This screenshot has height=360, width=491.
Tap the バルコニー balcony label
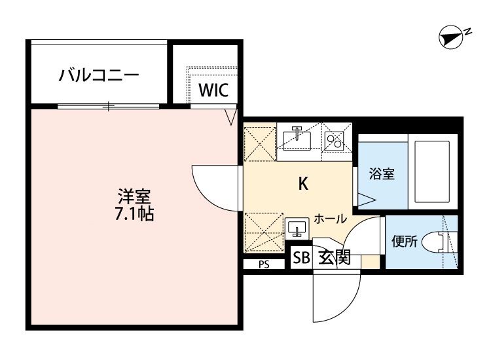[x=99, y=75]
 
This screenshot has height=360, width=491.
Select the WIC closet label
[x=213, y=90]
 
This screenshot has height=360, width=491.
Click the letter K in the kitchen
[x=303, y=184]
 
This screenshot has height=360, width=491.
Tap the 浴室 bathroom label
[x=381, y=175]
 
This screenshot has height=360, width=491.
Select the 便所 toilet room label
[x=404, y=242]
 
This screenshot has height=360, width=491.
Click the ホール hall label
[x=330, y=218]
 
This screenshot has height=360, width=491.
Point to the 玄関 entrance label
[x=335, y=257]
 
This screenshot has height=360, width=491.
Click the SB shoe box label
[x=301, y=257]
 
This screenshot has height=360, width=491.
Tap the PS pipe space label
[x=264, y=265]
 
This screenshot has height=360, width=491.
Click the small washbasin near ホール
[x=298, y=228]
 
